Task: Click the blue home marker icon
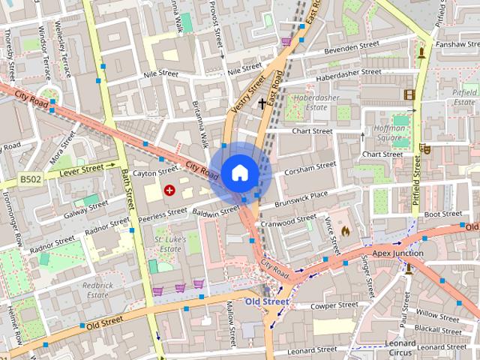240,173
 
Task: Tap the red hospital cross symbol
169,190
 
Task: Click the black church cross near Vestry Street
262,103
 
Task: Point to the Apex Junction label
397,253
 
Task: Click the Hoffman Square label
389,133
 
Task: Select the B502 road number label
30,181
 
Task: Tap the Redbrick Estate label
97,290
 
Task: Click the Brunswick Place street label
301,196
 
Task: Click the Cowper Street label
335,305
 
